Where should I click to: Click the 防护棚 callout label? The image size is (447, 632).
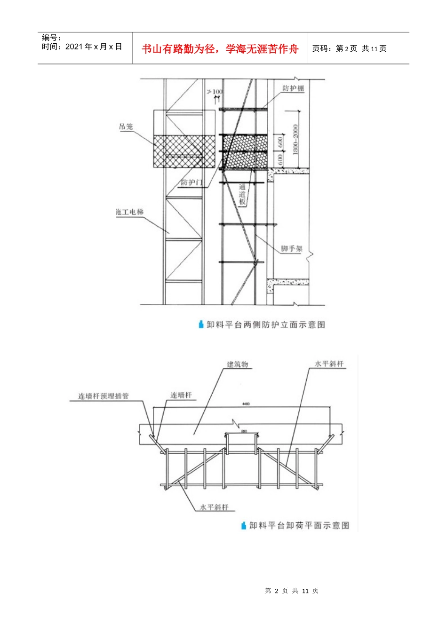tap(293, 88)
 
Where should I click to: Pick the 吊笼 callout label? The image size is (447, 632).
tap(126, 126)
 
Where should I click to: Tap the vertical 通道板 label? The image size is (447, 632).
tap(242, 194)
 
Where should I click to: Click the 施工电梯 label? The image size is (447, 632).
tap(130, 212)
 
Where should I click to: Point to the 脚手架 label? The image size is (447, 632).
tap(292, 249)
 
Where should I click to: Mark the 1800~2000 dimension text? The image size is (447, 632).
tap(295, 139)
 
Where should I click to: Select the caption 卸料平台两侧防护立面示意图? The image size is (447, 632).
tap(266, 324)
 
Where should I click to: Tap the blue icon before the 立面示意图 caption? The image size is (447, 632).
tap(201, 324)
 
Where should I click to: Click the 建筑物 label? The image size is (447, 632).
tap(238, 364)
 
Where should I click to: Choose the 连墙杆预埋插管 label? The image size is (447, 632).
tap(104, 396)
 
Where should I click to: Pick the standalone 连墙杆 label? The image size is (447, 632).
tap(181, 395)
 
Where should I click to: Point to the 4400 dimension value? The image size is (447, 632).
tap(246, 404)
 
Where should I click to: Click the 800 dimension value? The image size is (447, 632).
tap(243, 431)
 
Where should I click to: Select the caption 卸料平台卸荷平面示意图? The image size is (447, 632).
tap(299, 525)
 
